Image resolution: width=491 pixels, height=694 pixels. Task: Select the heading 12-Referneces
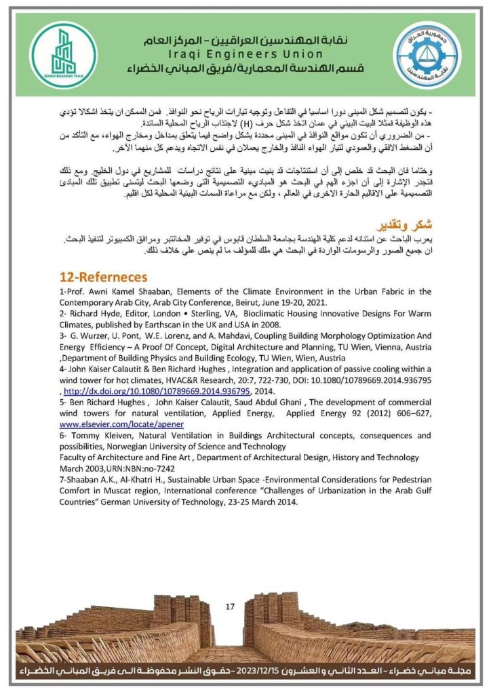(x=103, y=277)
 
